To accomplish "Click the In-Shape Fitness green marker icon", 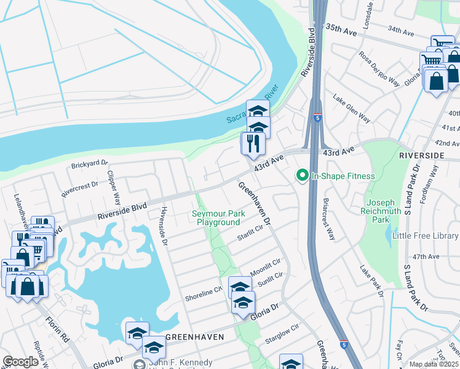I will click(302, 176).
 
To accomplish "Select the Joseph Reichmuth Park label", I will click(386, 211).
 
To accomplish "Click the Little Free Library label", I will click(427, 236).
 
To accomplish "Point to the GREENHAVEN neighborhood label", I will click(193, 338).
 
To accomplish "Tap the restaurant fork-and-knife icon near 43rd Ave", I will click(253, 144).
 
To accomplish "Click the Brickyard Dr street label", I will click(89, 165).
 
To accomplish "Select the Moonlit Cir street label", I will click(266, 266).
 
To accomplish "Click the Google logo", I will click(21, 362).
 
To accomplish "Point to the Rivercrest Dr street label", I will click(80, 188).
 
